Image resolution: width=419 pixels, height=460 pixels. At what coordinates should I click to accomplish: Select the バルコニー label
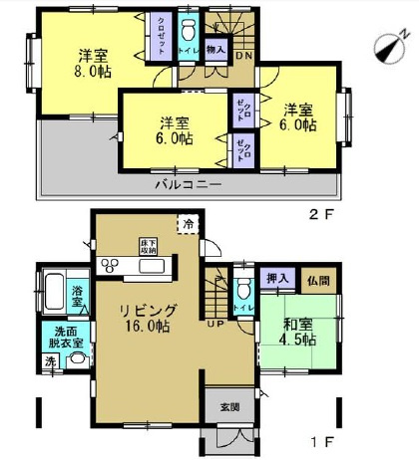click(x=188, y=185)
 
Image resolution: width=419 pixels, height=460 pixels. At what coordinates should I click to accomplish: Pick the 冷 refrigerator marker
click(x=188, y=223)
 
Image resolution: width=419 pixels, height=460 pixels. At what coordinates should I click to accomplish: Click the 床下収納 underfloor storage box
click(x=149, y=246)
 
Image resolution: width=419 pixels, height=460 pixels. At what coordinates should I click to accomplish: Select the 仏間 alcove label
click(x=316, y=282)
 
